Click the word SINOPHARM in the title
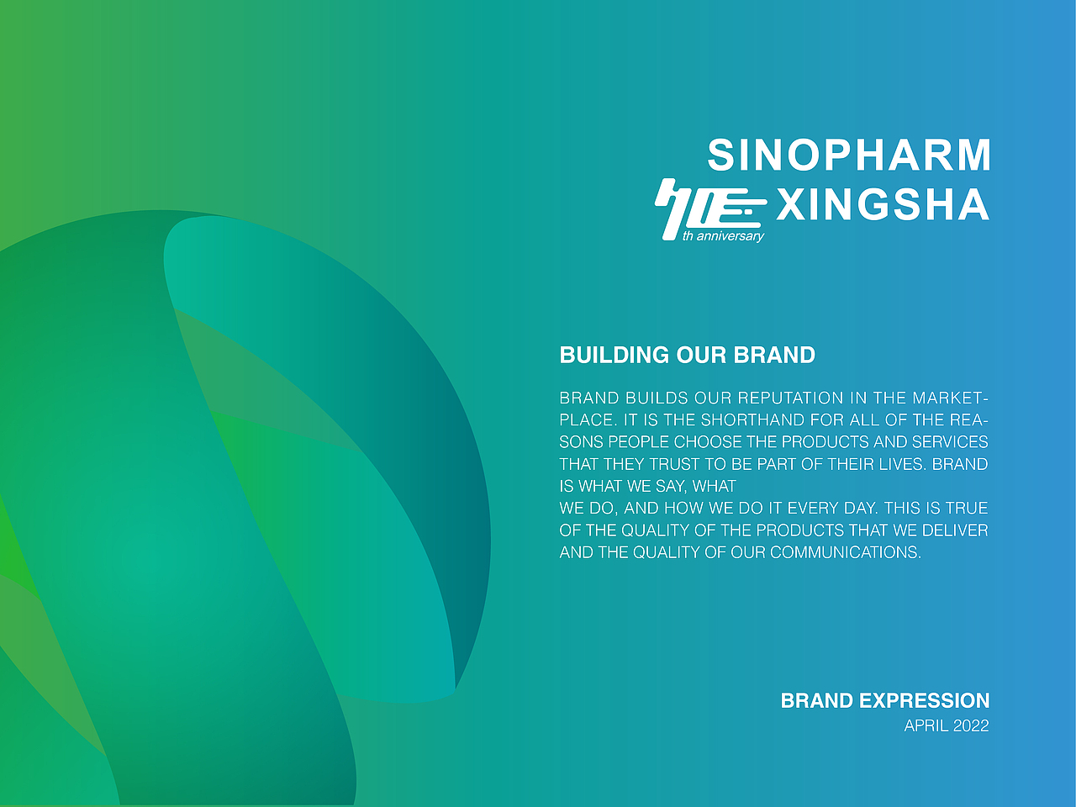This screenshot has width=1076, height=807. pyautogui.click(x=848, y=155)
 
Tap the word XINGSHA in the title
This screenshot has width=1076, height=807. pyautogui.click(x=883, y=203)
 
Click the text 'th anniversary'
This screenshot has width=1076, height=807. pyautogui.click(x=723, y=237)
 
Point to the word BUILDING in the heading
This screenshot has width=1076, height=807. pyautogui.click(x=614, y=356)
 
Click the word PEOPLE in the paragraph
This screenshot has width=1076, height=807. pyautogui.click(x=638, y=442)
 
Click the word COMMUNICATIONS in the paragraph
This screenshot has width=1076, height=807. pyautogui.click(x=846, y=552)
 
